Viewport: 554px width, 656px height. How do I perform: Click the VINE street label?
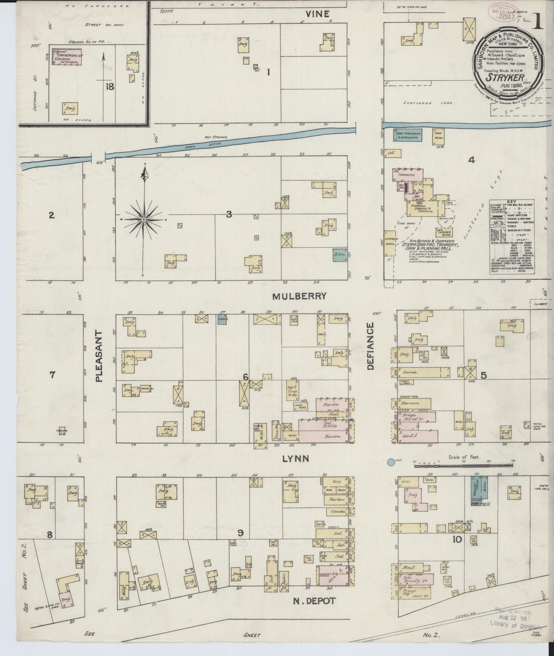pos(317,14)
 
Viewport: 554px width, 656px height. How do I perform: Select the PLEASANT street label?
pos(99,356)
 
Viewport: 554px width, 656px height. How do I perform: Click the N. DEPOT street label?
pos(314,601)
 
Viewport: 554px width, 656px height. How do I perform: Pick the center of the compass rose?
pos(144,219)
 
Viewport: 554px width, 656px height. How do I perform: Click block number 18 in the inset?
pos(110,87)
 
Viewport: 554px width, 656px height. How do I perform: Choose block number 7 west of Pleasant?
pos(52,375)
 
